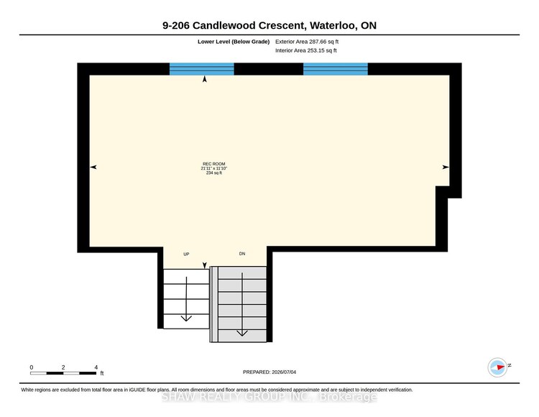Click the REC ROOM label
[x=214, y=164]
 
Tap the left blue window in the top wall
[x=202, y=69]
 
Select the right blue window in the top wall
[x=336, y=69]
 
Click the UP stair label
[x=186, y=254]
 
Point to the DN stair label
[x=242, y=254]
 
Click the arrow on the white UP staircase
[x=186, y=299]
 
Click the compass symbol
[x=498, y=367]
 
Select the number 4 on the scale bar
[x=96, y=367]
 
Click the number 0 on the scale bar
[x=32, y=367]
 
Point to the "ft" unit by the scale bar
[x=102, y=373]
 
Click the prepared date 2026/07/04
[x=284, y=372]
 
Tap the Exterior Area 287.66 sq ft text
[x=307, y=42]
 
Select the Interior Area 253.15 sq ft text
[x=306, y=50]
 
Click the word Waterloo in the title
[x=333, y=25]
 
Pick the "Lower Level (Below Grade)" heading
[x=234, y=42]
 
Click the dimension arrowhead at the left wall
[x=93, y=167]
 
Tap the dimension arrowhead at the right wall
[x=446, y=167]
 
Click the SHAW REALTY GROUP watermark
[x=269, y=397]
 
